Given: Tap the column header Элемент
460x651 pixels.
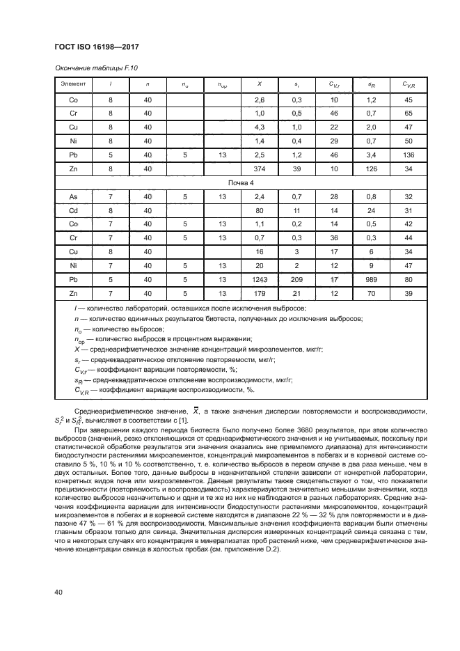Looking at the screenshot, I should [x=73, y=84].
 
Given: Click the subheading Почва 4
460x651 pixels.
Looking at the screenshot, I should [x=241, y=183].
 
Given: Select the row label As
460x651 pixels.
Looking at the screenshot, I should [x=73, y=198].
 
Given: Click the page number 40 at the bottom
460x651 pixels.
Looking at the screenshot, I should [x=59, y=592].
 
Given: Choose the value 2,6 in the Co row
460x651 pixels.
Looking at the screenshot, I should [x=260, y=100].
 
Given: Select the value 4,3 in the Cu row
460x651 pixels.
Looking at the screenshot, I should [x=260, y=127].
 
